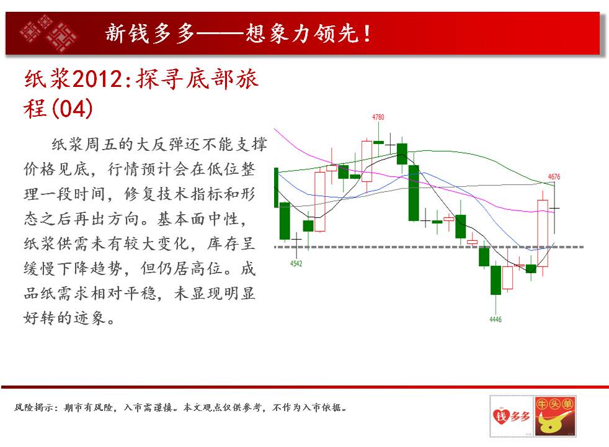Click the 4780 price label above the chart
tap(378, 117)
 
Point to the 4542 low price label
tap(296, 263)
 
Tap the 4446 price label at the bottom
tap(496, 320)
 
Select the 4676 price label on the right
tap(554, 177)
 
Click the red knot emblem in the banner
tap(49, 33)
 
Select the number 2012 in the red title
tap(97, 79)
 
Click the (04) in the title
tap(72, 109)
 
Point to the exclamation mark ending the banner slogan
tap(367, 34)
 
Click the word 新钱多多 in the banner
tap(150, 34)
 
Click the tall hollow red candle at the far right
tap(543, 233)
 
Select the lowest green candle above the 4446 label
tap(496, 280)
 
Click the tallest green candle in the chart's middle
tap(414, 193)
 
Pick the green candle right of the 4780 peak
tap(402, 154)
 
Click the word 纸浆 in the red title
tap(47, 79)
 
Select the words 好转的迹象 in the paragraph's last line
tap(64, 318)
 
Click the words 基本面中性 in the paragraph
tap(198, 219)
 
